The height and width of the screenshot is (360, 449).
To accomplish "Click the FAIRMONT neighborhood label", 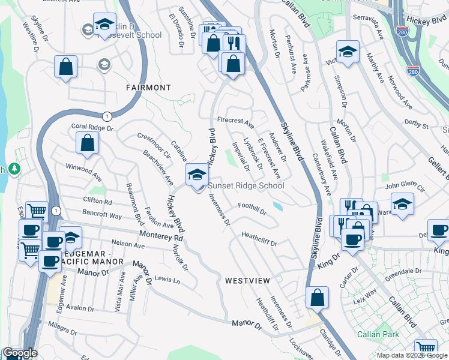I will pyautogui.click(x=148, y=88).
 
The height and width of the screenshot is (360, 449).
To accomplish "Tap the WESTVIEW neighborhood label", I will pyautogui.click(x=248, y=280).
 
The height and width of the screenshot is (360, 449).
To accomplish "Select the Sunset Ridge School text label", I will pyautogui.click(x=246, y=186).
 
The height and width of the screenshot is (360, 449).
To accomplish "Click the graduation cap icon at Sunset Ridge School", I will pyautogui.click(x=196, y=175).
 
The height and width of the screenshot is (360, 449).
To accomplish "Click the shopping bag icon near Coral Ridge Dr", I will pyautogui.click(x=88, y=143).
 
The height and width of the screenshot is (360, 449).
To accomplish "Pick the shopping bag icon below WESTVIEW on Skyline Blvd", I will pyautogui.click(x=317, y=297).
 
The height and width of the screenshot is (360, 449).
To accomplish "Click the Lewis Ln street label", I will pyautogui.click(x=167, y=280).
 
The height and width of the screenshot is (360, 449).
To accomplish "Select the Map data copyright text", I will pyautogui.click(x=411, y=355).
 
